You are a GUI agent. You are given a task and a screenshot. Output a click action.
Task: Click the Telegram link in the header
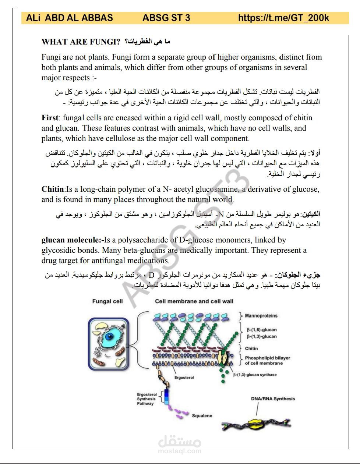[283, 18]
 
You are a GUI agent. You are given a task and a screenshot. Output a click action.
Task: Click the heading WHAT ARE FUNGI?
[81, 42]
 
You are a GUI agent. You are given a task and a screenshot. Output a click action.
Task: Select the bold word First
[50, 118]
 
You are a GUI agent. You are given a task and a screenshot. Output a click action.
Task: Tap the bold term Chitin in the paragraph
[52, 190]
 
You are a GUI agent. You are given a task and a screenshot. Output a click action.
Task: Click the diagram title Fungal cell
[107, 301]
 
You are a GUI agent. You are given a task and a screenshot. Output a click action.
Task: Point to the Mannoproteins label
[261, 316]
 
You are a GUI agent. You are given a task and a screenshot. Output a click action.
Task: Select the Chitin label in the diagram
[251, 348]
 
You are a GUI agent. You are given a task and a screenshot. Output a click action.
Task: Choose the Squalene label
[202, 415]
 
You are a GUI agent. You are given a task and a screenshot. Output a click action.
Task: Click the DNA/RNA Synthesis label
[273, 399]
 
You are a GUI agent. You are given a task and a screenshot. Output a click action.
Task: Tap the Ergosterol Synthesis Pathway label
[147, 399]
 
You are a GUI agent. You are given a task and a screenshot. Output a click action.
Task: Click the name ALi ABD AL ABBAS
[70, 18]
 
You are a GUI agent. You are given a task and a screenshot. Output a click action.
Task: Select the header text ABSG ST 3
[166, 18]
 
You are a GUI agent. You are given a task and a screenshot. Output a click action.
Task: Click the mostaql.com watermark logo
[180, 444]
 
